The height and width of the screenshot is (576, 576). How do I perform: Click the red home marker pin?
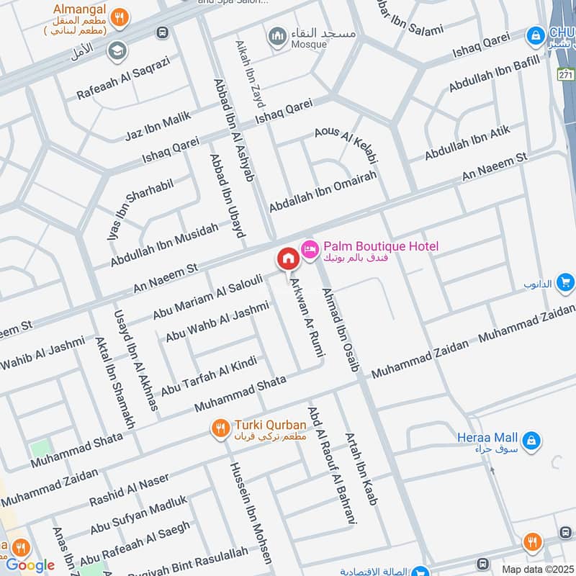(288, 258)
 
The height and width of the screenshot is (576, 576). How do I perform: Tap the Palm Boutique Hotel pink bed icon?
(310, 248)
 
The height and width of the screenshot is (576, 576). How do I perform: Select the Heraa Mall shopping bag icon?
(531, 439)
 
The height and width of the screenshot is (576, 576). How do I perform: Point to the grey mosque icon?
(276, 35)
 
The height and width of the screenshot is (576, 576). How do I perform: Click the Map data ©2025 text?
(537, 570)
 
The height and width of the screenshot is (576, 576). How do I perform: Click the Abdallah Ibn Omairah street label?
(323, 192)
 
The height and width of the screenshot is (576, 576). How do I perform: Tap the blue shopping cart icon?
(565, 282)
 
